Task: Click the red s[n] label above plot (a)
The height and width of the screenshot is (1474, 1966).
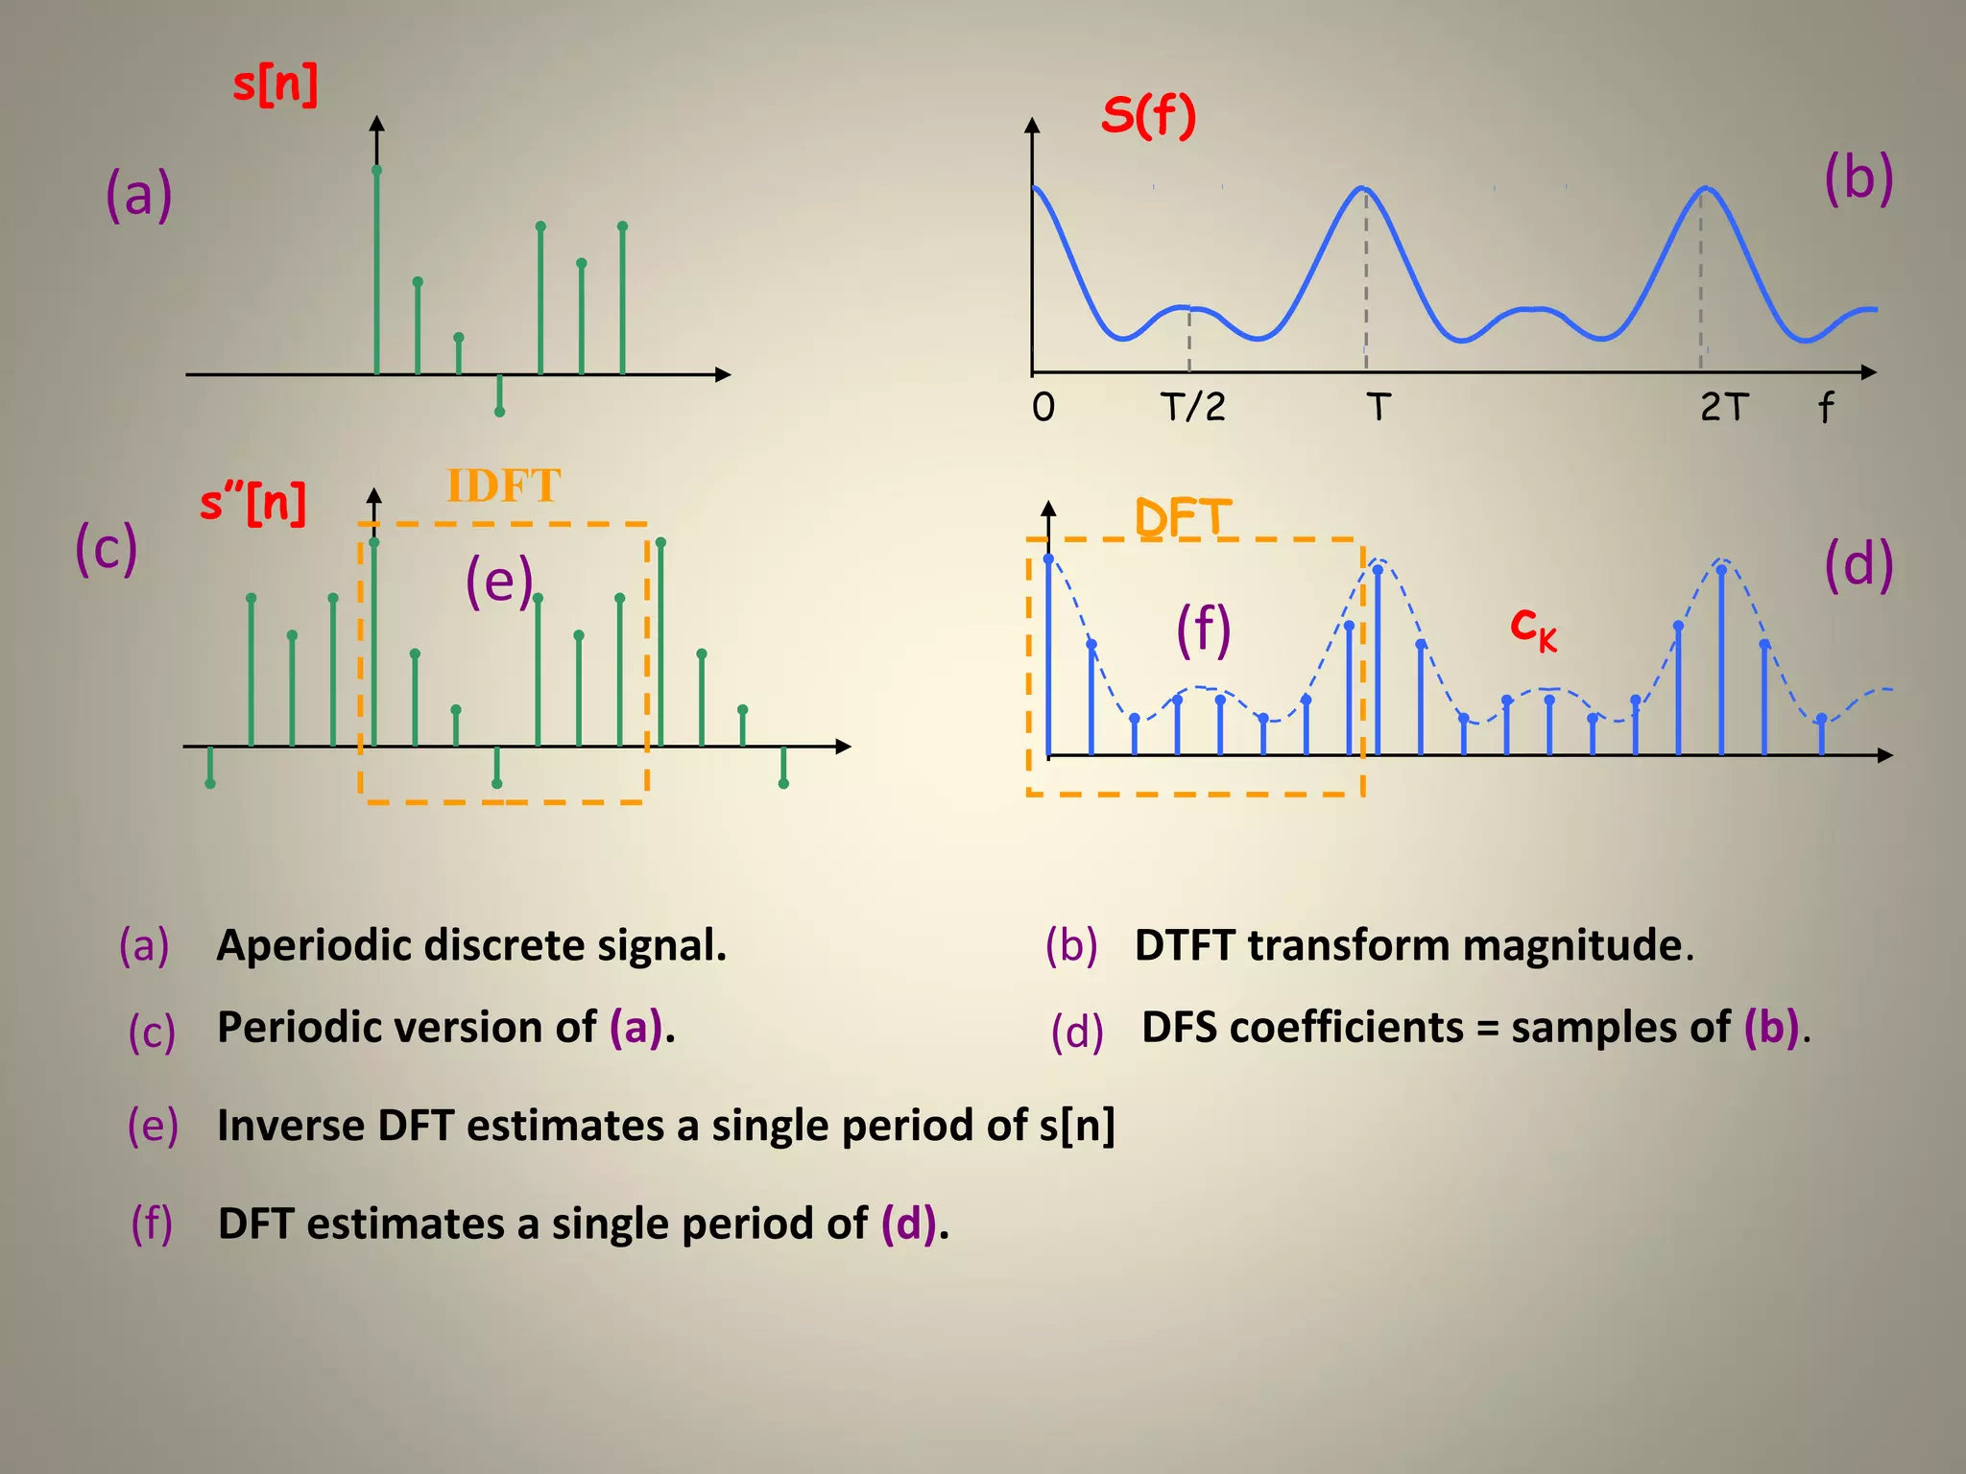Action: point(275,84)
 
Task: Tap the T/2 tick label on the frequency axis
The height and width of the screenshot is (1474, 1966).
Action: point(1192,407)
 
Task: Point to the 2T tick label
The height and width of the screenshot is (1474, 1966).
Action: point(1723,407)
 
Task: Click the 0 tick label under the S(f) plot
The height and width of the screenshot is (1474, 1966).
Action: point(1043,408)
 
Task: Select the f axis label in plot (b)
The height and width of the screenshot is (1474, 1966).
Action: point(1825,408)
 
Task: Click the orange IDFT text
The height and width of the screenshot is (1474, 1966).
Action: point(503,486)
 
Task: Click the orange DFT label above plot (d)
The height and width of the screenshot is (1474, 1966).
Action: point(1182,518)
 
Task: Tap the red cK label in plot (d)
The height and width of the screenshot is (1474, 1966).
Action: point(1533,628)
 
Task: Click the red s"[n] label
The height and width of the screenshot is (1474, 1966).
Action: point(252,503)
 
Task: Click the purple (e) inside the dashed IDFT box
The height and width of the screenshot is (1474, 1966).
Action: point(498,582)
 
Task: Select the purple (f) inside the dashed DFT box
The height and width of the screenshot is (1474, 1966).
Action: point(1203,630)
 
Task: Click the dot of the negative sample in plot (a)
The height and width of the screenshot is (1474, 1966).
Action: point(499,412)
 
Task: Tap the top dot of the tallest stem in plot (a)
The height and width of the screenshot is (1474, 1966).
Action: point(377,170)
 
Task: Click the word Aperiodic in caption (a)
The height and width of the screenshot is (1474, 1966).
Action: point(314,945)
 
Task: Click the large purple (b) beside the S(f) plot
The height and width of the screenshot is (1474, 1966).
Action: point(1858,178)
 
